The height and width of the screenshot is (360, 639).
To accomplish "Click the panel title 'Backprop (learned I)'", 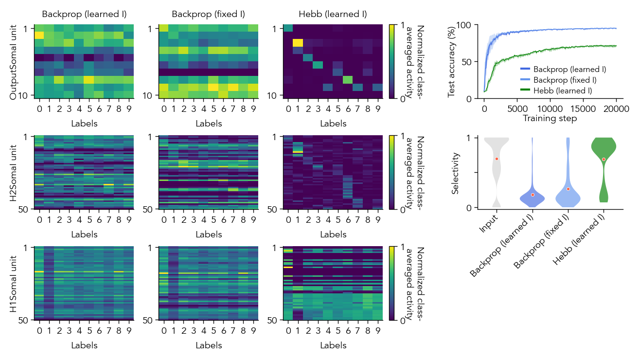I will coord(84,14).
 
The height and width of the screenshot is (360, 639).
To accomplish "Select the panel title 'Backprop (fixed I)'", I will coord(208,14).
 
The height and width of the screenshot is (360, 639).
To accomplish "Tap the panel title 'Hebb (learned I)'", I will coord(333,14).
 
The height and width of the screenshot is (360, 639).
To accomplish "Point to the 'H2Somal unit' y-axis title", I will coord(14,173).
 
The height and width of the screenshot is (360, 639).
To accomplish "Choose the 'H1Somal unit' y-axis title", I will coord(14,284).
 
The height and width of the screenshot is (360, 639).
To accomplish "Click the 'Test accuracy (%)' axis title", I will coord(452,61).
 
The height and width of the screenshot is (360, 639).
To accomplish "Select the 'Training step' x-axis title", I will coord(550,118).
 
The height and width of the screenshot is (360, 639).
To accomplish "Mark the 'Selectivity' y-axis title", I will coord(456,173).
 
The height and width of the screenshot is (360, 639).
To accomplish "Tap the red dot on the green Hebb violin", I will coord(603,159).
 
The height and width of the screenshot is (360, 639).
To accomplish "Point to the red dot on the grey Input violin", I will coord(497,159).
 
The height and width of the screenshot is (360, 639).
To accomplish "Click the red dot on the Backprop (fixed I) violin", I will coord(568,189).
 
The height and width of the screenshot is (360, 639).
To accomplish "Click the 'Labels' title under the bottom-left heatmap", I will coord(84,345).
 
